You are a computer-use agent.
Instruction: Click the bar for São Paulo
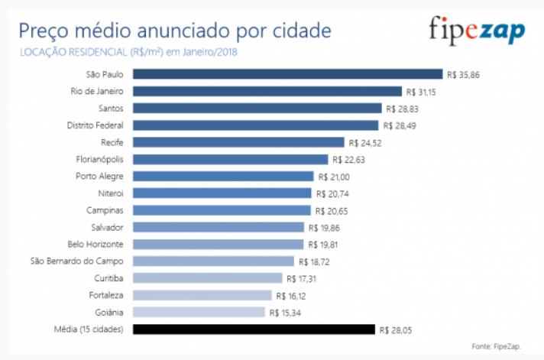tap(287, 74)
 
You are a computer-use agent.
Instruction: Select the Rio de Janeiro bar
tap(267, 91)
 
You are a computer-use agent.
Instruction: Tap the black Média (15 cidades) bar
tap(254, 329)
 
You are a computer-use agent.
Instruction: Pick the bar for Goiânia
tap(199, 312)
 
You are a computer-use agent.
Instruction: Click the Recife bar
tap(238, 142)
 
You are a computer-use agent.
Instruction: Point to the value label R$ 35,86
tap(465, 75)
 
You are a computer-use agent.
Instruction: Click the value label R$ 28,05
tap(397, 329)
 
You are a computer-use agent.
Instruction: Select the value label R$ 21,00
tap(334, 177)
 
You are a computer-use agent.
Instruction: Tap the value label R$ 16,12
tap(294, 295)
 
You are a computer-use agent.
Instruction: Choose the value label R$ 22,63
tap(350, 160)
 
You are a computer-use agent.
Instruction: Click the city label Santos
tap(112, 109)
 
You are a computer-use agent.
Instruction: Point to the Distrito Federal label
tap(96, 125)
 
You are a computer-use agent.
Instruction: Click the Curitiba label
tap(108, 278)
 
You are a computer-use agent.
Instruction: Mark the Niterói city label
tap(111, 193)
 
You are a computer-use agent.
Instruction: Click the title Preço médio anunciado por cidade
tap(175, 31)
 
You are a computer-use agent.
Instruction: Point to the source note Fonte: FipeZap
tap(497, 346)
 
